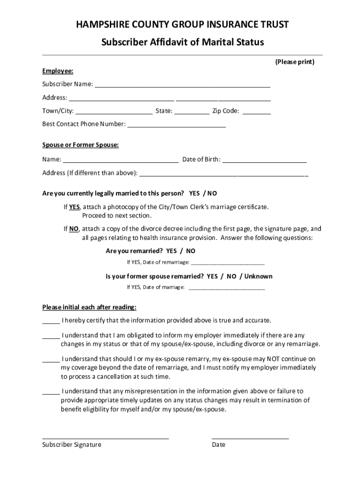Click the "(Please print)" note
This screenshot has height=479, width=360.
pyautogui.click(x=295, y=62)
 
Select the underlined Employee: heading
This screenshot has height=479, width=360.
pyautogui.click(x=58, y=71)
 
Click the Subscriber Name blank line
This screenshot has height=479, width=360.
pyautogui.click(x=182, y=85)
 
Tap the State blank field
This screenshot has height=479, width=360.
pyautogui.click(x=192, y=112)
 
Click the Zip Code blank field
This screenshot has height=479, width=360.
pyautogui.click(x=257, y=112)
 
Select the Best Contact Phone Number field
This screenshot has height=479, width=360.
pyautogui.click(x=177, y=125)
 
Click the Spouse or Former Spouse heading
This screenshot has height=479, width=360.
pyautogui.click(x=80, y=145)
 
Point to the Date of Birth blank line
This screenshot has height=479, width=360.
pyautogui.click(x=264, y=160)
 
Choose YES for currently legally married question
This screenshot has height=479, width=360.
pyautogui.click(x=194, y=193)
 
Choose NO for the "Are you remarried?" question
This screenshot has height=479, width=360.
pyautogui.click(x=190, y=251)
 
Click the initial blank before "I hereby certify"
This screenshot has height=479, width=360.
pyautogui.click(x=51, y=322)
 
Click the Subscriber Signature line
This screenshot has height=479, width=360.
pyautogui.click(x=105, y=437)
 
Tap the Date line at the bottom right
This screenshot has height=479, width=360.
pyautogui.click(x=250, y=437)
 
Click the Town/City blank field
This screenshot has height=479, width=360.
pyautogui.click(x=114, y=112)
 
